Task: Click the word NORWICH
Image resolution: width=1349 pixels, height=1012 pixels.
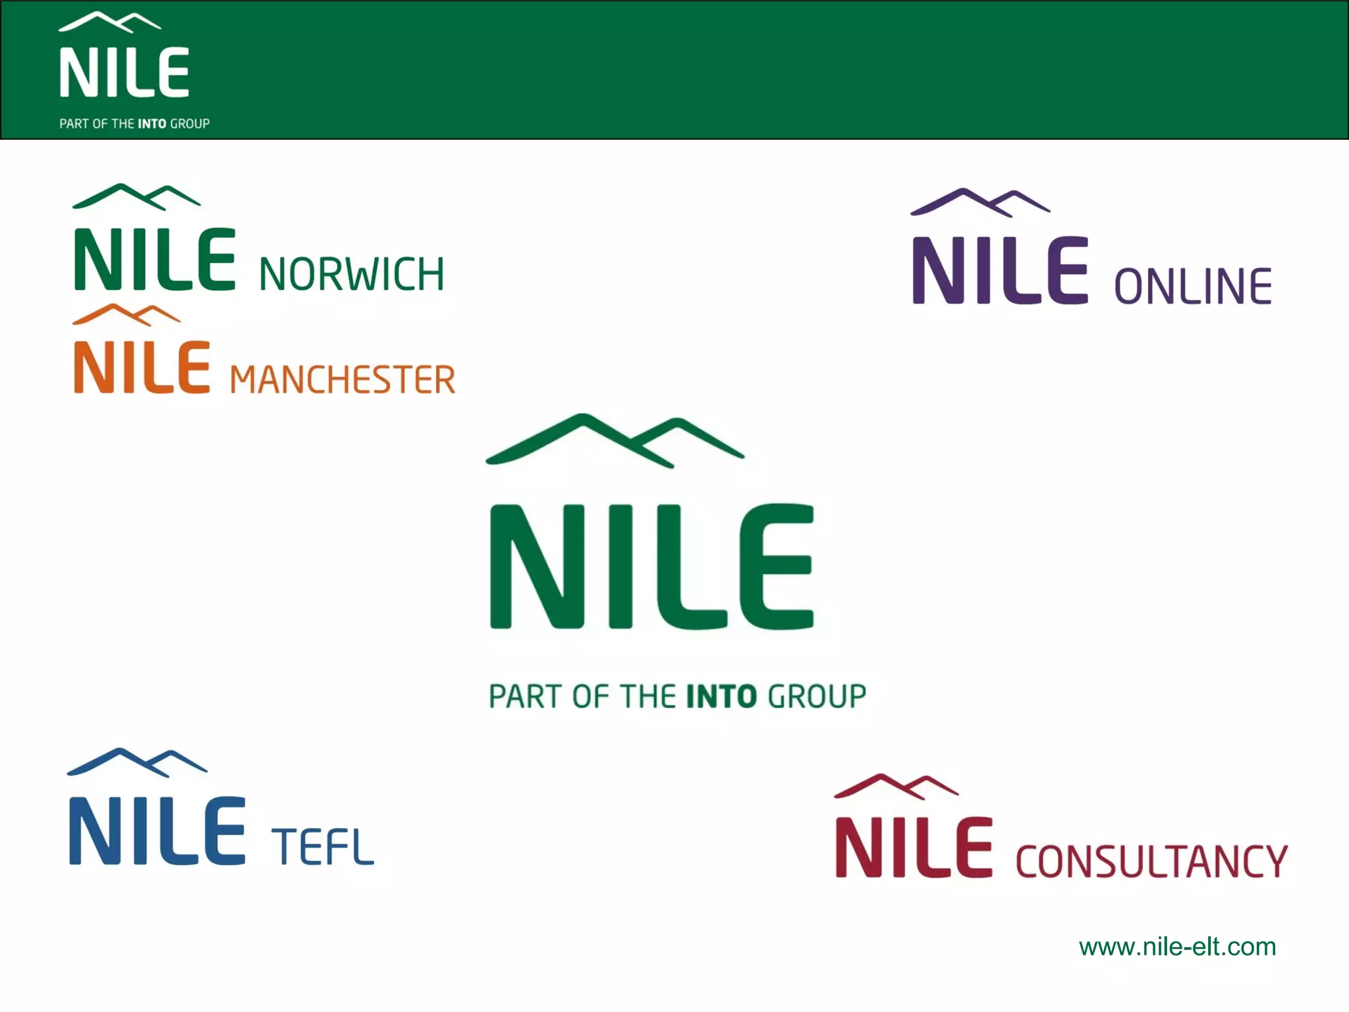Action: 352,274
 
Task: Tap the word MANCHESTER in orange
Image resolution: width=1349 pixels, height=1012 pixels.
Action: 343,379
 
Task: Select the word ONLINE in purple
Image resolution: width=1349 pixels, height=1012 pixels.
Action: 1193,287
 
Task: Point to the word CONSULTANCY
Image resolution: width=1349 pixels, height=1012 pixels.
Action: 1151,861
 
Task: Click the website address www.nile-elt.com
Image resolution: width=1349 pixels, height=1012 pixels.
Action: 1177,947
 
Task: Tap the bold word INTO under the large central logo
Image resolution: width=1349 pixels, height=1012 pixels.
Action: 721,696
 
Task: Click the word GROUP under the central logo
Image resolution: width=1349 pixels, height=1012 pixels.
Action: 817,696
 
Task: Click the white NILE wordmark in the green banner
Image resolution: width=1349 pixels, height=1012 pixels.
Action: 124,72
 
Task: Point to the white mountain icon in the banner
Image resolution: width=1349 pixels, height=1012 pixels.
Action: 109,22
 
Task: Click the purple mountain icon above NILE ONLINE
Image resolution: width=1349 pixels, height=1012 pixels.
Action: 979,202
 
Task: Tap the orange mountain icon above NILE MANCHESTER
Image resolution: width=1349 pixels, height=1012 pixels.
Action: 126,314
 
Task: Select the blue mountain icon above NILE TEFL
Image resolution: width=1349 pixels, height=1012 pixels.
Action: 137,762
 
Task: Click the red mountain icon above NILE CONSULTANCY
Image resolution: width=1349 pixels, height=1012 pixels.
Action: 896,787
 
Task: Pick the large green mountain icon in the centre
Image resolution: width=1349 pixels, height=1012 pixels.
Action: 615,439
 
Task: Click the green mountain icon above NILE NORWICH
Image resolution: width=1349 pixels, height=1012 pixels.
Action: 136,196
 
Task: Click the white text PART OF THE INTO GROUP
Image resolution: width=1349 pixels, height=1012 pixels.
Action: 134,124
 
